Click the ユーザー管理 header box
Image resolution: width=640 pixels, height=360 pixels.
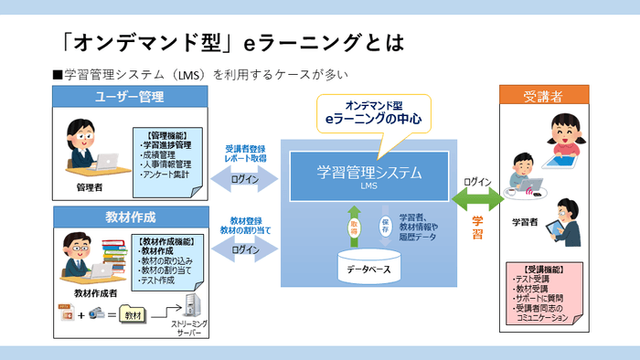130,97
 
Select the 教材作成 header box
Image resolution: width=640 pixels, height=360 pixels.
130,217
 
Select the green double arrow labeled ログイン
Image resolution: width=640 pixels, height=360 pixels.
477,197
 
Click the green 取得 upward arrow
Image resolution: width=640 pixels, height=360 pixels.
354,225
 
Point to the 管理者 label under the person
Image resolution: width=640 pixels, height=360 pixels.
89,187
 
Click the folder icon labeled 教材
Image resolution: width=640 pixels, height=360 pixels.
133,314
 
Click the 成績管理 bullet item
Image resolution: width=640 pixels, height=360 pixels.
161,154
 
